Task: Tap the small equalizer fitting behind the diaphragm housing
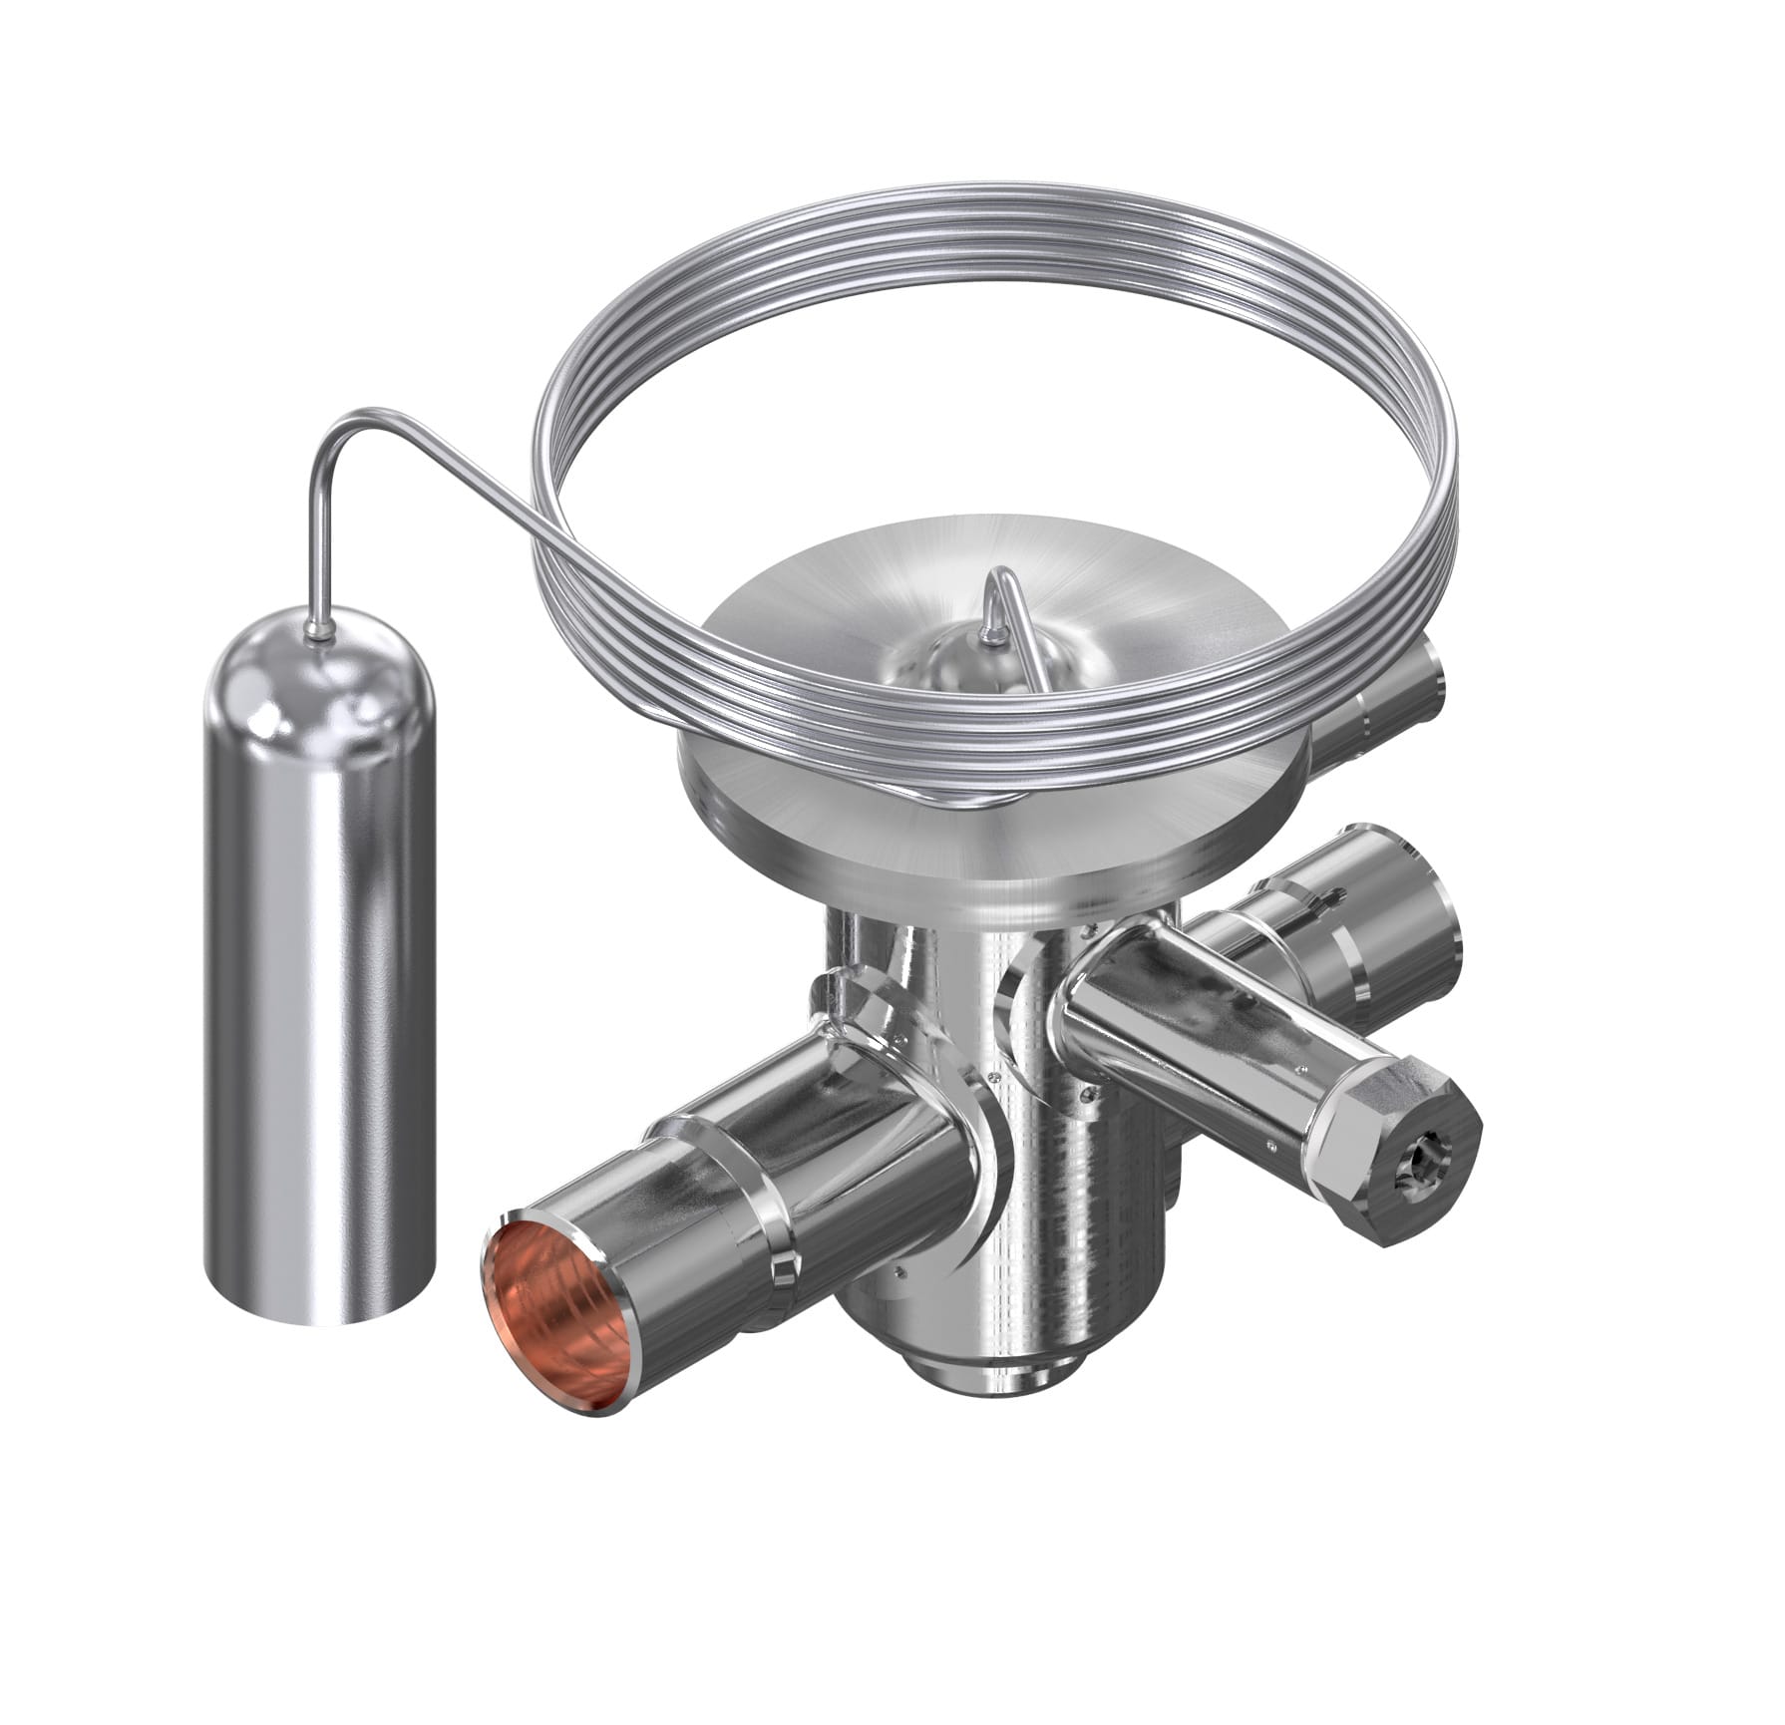click(x=1396, y=698)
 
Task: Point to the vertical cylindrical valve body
click(x=1057, y=1197)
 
